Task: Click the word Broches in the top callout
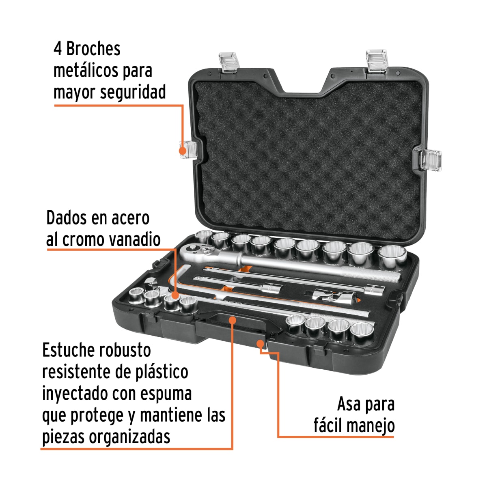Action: tap(93, 49)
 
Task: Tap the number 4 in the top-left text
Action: tap(58, 49)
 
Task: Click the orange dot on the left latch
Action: tap(183, 150)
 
